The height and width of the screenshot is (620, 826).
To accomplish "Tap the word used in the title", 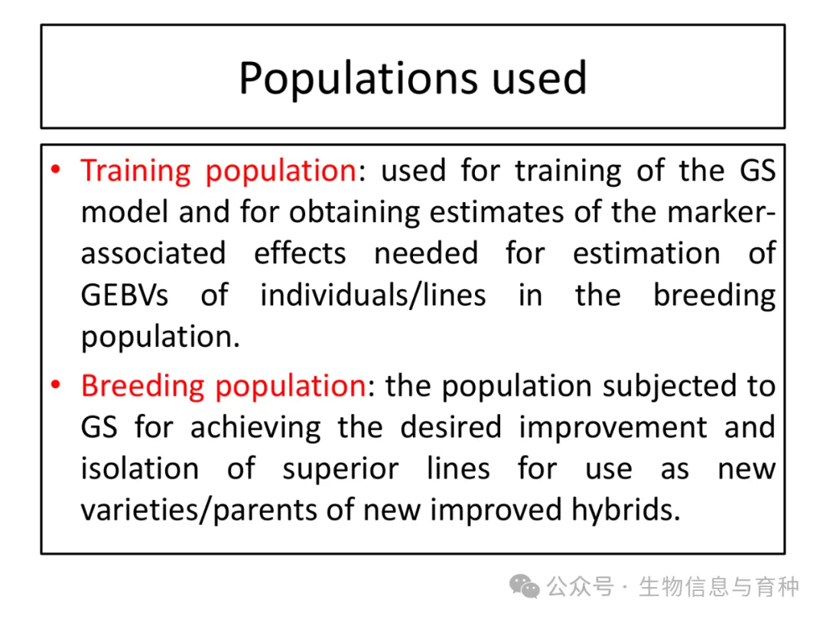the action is (x=539, y=78).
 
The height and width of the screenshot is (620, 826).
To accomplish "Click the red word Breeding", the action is (x=142, y=387).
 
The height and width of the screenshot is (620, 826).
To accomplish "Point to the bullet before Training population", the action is (x=56, y=170).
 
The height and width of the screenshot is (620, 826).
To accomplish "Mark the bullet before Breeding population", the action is (x=56, y=384).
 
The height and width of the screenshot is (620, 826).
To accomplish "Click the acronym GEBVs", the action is (x=125, y=295).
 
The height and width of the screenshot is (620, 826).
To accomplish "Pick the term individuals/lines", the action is (x=373, y=295).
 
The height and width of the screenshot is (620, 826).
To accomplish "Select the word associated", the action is (x=153, y=253).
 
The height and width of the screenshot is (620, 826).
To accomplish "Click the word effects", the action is (x=300, y=253).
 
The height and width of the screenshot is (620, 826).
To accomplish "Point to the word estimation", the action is (x=646, y=253).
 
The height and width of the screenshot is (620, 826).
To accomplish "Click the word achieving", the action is (x=255, y=429).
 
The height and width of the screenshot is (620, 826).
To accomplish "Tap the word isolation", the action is (x=140, y=468).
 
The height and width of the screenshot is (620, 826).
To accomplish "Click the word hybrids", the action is (x=626, y=511).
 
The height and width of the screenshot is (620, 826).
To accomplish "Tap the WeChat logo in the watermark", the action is (x=524, y=586).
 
